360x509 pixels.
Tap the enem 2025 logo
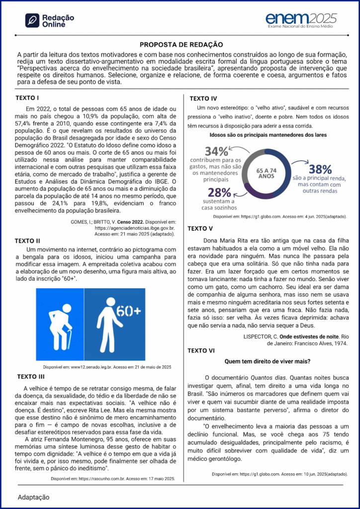click(301, 20)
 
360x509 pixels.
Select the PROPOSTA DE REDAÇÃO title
click(181, 45)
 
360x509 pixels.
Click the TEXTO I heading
click(28, 97)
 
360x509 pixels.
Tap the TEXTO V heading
click(200, 229)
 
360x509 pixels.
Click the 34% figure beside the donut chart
click(217, 151)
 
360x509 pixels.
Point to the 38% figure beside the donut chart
click(320, 169)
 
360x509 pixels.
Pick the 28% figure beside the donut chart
click(219, 193)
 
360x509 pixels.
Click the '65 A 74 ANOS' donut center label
click(266, 173)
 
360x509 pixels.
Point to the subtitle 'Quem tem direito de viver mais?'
click(268, 361)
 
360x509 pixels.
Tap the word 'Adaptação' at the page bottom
click(34, 497)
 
